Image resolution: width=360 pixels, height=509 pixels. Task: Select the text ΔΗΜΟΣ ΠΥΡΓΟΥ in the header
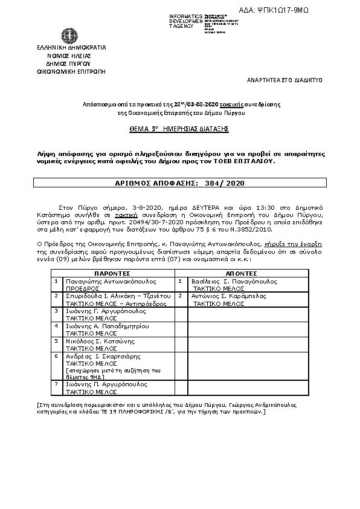click(71, 62)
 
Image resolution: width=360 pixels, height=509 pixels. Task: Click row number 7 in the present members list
click(56, 384)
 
